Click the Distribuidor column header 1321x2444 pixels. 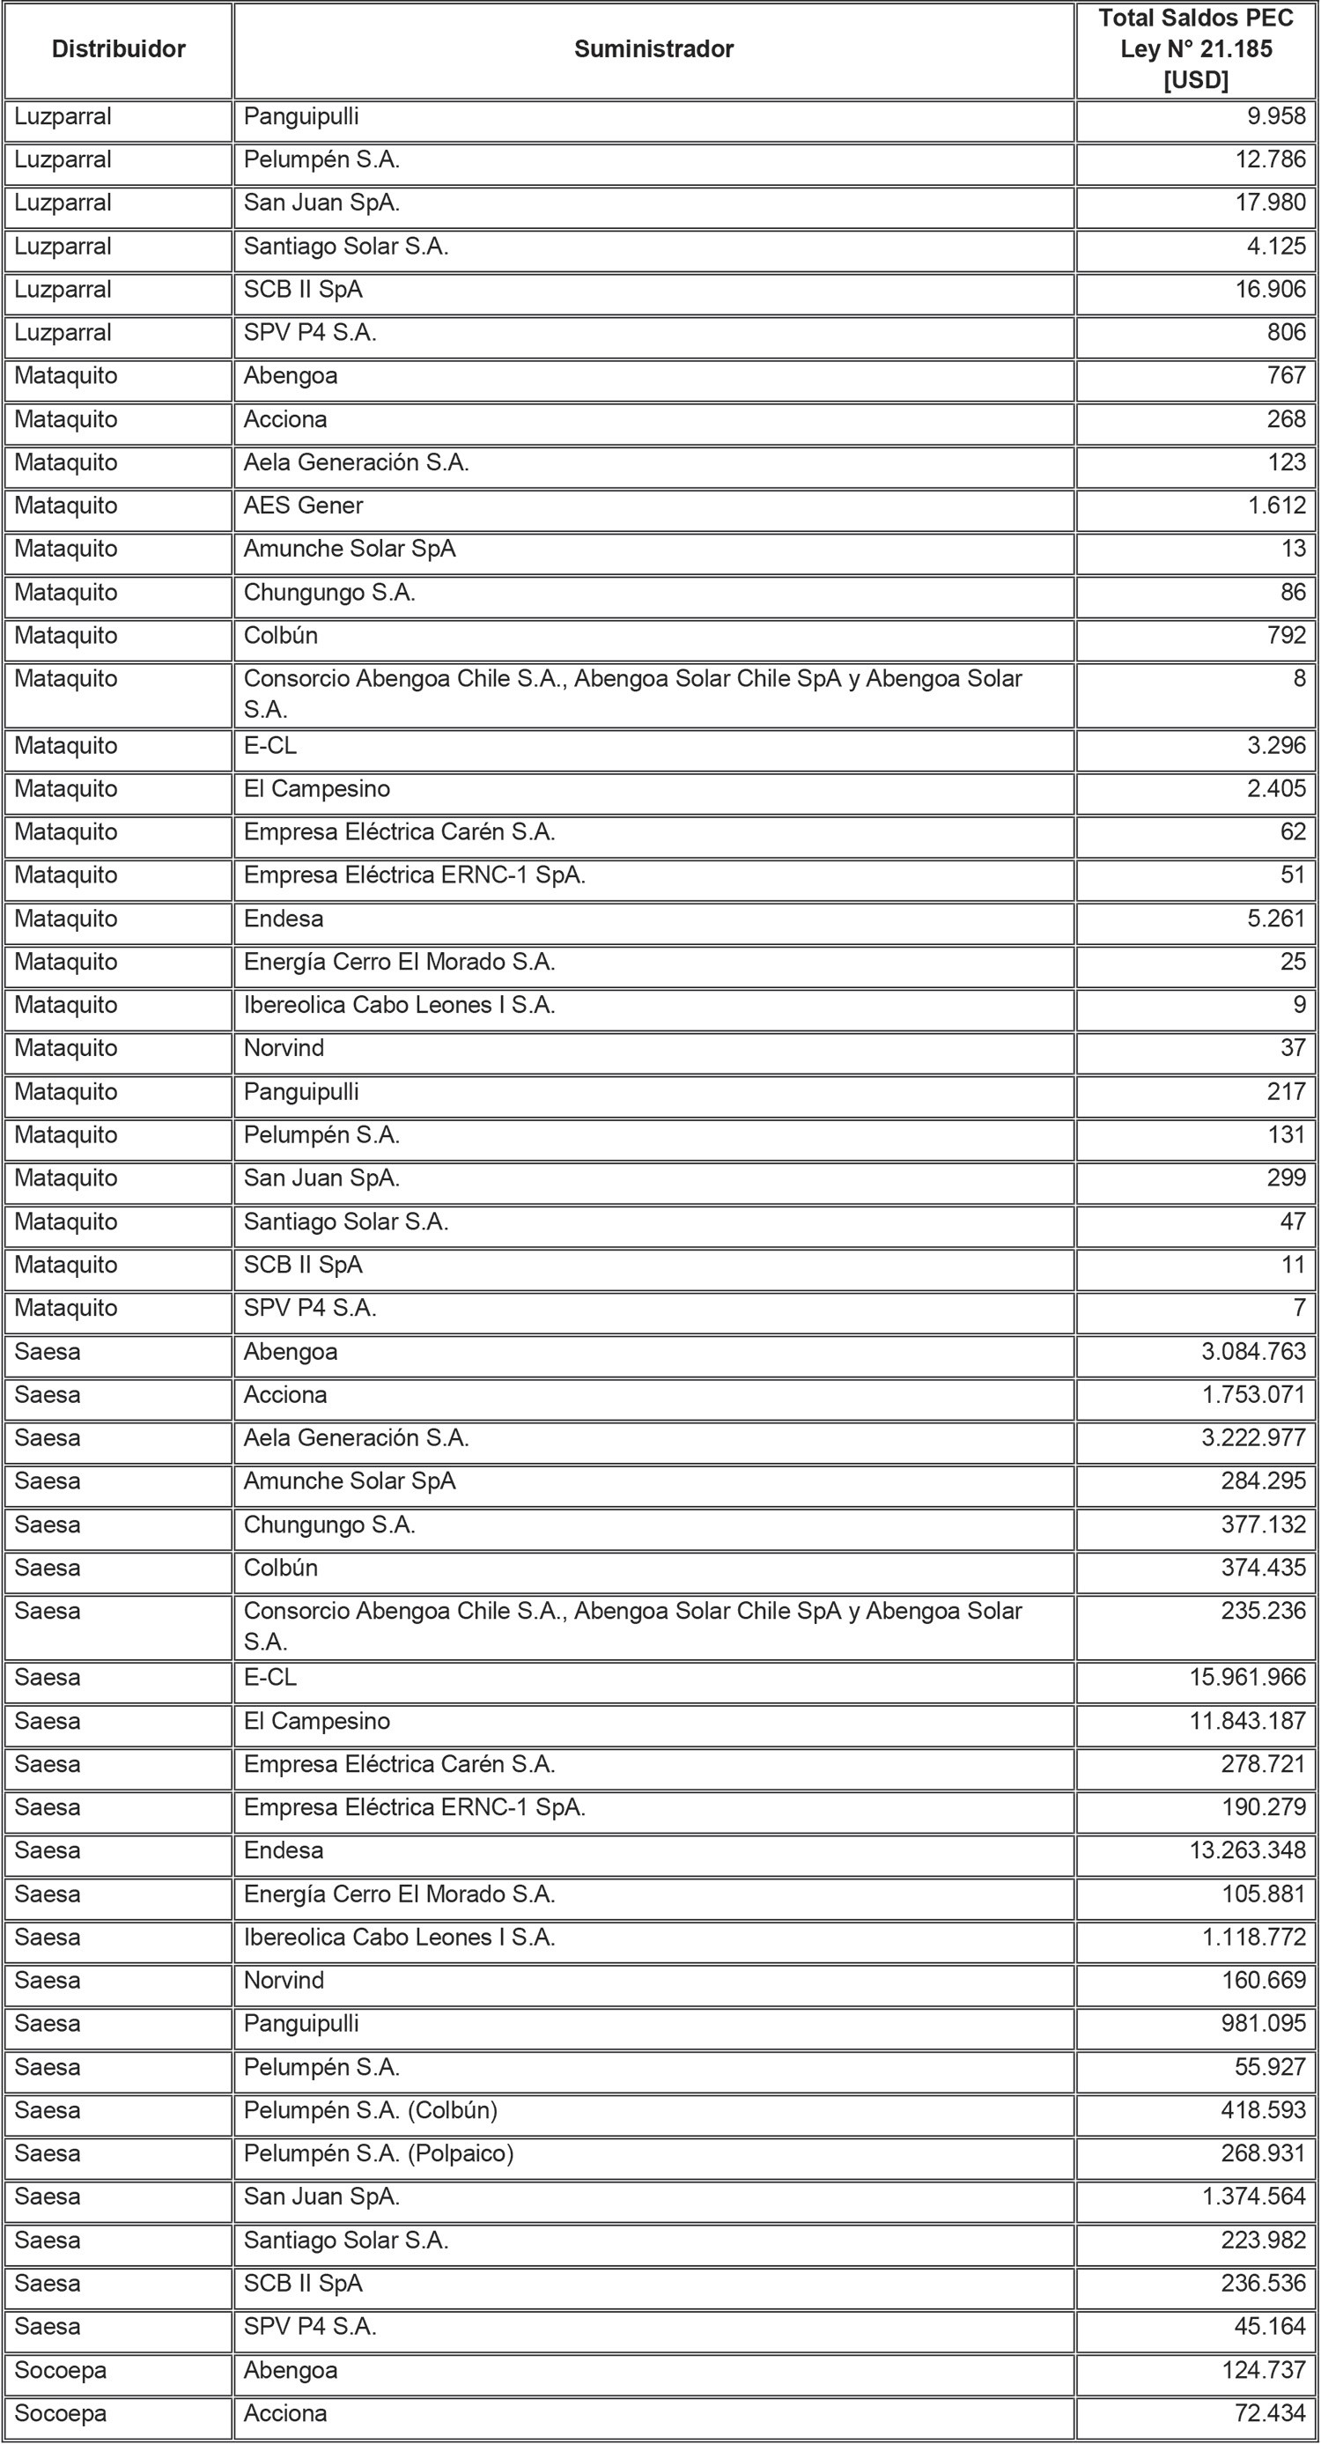[119, 49]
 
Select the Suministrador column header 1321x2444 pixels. [653, 49]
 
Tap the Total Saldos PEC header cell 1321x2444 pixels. [1195, 49]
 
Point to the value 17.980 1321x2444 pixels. [1270, 203]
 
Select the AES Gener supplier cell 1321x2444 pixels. [304, 506]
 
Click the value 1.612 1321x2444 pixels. [1276, 506]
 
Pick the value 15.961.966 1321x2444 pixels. [1248, 1678]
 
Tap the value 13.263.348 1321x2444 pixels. [1248, 1850]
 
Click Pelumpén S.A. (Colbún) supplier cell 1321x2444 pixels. [370, 2110]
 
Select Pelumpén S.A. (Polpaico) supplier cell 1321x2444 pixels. [378, 2153]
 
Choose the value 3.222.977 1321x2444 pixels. [1253, 1438]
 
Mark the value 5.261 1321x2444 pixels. [1276, 919]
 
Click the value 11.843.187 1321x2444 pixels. [1248, 1721]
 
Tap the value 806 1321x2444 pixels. [1286, 333]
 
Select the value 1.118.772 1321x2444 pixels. [1253, 1938]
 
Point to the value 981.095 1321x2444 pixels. [1263, 2024]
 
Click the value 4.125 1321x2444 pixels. [1276, 247]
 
